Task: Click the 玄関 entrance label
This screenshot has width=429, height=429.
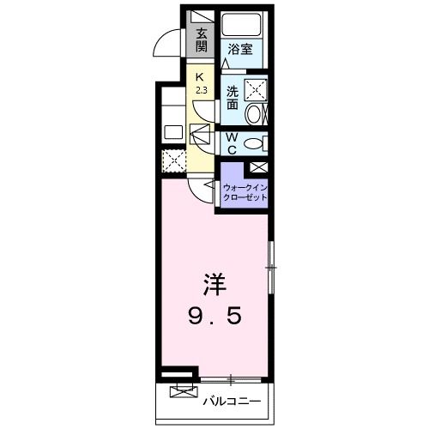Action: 201,40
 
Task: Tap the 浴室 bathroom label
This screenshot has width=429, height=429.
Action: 239,50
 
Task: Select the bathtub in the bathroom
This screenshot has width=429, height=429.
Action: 242,23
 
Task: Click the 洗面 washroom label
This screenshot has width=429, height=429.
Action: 232,97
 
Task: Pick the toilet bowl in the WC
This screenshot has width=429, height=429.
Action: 255,142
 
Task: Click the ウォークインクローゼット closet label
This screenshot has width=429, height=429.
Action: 245,190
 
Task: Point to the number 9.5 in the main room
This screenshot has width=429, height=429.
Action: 215,317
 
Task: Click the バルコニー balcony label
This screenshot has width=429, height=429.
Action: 232,399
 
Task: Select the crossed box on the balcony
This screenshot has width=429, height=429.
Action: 181,393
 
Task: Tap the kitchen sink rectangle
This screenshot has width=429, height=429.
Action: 173,132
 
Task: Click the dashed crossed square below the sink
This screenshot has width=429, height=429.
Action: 174,160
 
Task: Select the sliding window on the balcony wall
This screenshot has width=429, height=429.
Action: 232,378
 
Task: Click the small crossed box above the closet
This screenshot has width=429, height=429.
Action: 257,166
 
